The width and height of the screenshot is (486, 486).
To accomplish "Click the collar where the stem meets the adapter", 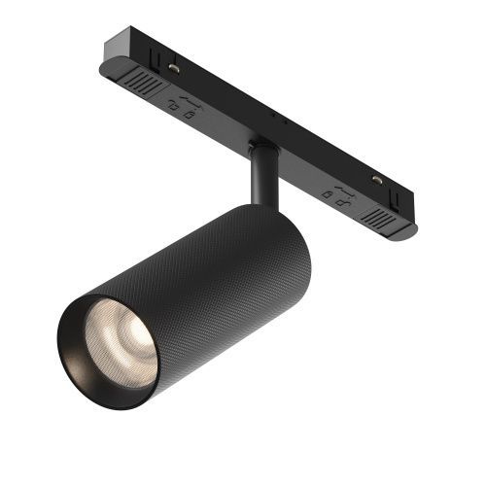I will [260, 148].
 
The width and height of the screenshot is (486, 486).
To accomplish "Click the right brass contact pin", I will [377, 180].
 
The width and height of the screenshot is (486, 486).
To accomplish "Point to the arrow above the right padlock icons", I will [344, 186].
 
